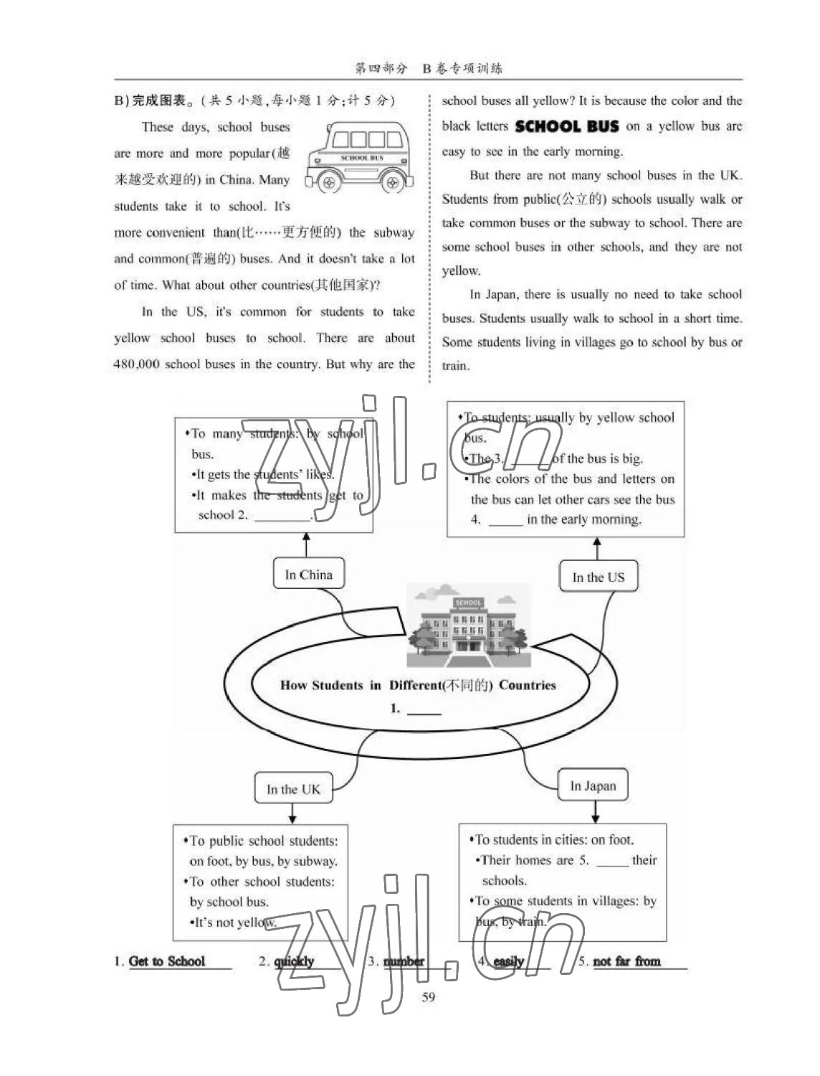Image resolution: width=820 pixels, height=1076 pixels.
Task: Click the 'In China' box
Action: click(308, 575)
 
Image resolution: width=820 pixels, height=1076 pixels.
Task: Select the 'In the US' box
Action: click(598, 577)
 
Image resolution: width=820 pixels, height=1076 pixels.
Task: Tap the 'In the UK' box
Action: click(293, 789)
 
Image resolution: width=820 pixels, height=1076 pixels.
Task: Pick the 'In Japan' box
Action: click(593, 785)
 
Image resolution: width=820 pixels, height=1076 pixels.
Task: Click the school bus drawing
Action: click(360, 158)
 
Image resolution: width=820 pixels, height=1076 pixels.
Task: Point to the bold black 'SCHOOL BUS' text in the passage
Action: click(567, 127)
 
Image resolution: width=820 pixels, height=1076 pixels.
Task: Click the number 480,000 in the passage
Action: click(136, 364)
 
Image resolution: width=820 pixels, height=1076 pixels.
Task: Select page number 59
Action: click(429, 997)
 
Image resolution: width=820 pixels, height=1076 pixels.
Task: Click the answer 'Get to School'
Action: click(167, 961)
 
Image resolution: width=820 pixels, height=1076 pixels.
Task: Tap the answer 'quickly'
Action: click(295, 961)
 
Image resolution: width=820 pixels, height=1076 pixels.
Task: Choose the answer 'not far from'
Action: click(626, 961)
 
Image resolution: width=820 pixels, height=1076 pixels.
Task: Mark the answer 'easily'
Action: click(509, 961)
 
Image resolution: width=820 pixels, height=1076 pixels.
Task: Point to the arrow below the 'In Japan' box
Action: click(595, 811)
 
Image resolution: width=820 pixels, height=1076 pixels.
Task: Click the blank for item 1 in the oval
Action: click(424, 710)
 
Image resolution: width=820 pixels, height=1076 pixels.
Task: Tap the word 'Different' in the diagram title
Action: click(415, 685)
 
